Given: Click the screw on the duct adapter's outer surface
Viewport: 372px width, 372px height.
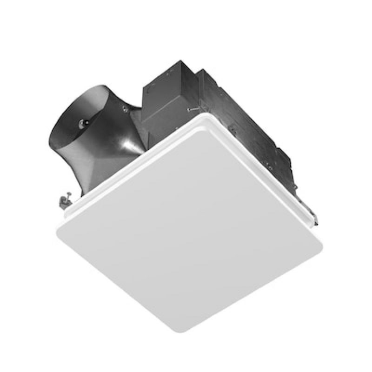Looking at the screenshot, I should point(125,110).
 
